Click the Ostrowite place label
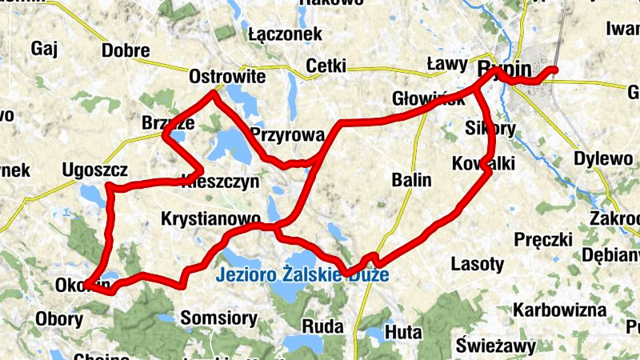pos(227,78)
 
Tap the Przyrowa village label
pos(286,134)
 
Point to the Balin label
pos(412,180)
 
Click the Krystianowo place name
pos(210,218)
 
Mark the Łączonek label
pos(285,34)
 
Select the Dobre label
pos(126,51)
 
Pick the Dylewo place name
pos(603,158)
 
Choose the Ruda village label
pos(322,326)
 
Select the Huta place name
pos(403,330)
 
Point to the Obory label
pos(58,318)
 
